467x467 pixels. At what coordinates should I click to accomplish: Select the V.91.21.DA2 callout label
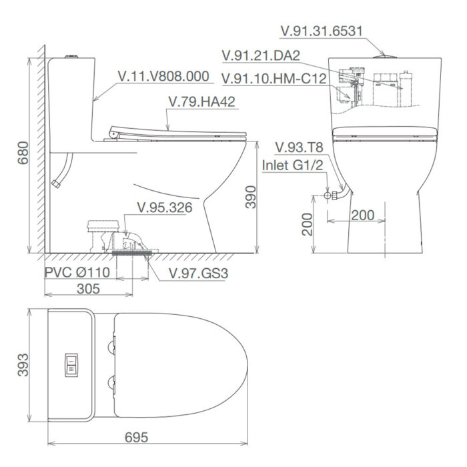point(265,55)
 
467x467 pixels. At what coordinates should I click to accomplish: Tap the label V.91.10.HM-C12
point(274,79)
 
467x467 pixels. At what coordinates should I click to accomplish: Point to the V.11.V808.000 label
point(163,77)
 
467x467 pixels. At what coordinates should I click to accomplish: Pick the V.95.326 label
point(164,207)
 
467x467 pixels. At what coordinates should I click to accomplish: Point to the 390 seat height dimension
point(250,197)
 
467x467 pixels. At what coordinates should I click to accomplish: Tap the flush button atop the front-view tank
point(383,57)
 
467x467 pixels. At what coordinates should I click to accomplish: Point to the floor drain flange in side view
point(133,251)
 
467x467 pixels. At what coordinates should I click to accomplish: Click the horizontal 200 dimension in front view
point(362,215)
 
